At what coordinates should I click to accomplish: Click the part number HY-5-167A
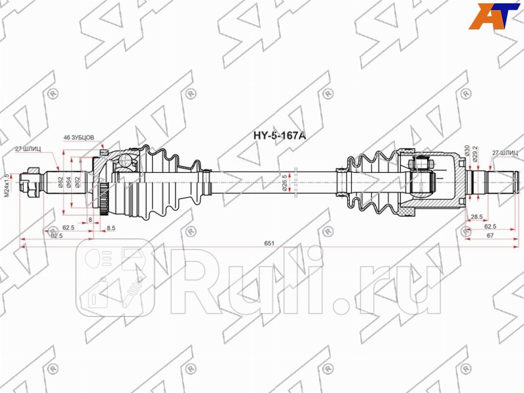tap(280, 137)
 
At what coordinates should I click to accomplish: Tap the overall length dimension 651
tap(269, 243)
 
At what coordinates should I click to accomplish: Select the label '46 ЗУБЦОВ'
tap(79, 138)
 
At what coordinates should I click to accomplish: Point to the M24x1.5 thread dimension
tap(7, 185)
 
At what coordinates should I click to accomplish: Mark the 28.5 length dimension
tap(476, 216)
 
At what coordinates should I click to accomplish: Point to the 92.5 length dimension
tap(56, 236)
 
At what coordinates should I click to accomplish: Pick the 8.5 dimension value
tap(111, 228)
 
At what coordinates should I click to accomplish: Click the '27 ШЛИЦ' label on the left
tap(28, 149)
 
